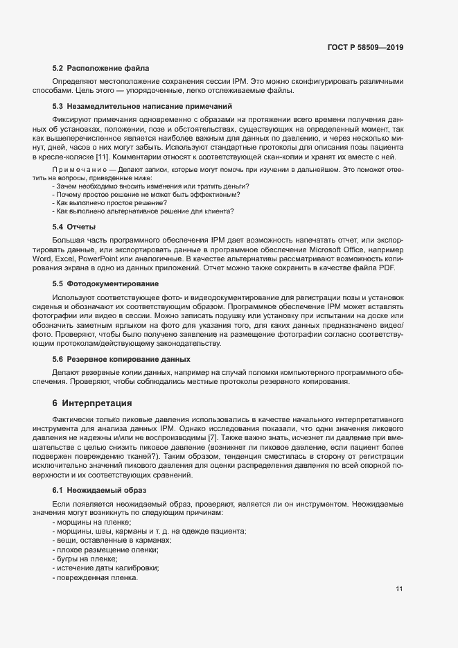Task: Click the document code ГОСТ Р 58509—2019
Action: point(365,48)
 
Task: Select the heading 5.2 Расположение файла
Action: point(100,68)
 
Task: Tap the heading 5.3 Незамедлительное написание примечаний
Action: point(142,106)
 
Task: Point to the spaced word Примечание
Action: point(75,170)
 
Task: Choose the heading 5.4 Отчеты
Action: point(74,227)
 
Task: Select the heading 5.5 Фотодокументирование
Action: point(105,283)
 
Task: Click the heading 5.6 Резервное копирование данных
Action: point(121,359)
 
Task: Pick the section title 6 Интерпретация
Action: point(91,403)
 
